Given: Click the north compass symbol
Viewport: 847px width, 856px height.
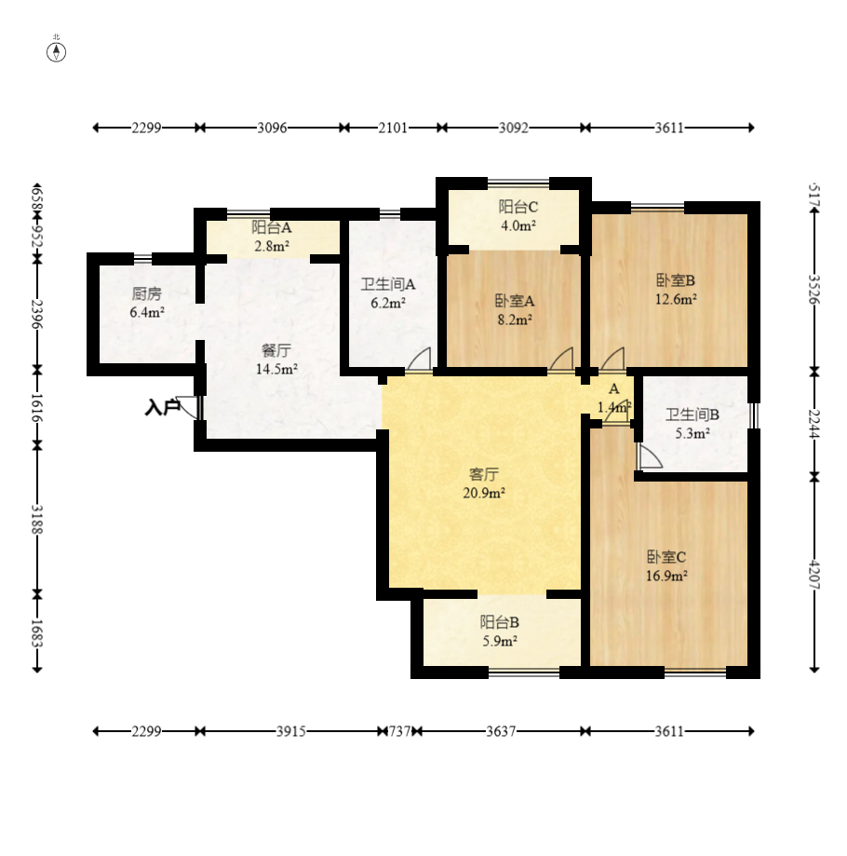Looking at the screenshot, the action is coord(56,52).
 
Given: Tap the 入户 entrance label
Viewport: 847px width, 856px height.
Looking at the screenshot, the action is coord(162,407).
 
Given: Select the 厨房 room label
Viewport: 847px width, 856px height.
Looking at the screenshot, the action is coord(147,293).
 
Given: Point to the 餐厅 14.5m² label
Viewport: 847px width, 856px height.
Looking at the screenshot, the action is coord(276,360).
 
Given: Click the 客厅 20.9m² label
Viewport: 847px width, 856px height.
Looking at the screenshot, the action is coord(484,483).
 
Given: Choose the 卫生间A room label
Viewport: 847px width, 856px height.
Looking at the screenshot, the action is coord(388,284).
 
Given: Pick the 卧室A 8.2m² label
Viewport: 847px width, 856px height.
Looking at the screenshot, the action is coord(515,309).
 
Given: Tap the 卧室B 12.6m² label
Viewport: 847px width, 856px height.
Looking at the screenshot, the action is coord(676,290).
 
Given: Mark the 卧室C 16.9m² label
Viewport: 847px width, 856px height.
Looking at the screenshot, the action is coord(666,566).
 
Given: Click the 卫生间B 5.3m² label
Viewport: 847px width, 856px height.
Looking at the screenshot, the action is coord(692,424).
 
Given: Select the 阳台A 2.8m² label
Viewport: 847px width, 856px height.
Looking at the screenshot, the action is coord(272,236).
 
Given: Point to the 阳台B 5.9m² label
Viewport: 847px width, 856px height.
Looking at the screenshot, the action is coord(500,632).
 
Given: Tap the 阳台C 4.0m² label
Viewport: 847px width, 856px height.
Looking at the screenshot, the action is coord(518,216).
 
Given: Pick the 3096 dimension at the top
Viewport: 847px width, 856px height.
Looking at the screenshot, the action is coord(272,128).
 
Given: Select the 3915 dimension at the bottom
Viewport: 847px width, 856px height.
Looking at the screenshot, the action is coord(290,731).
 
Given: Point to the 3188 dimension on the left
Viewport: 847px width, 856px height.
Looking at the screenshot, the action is coord(37,519).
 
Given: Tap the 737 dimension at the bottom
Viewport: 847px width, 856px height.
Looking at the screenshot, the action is coord(400,731).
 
